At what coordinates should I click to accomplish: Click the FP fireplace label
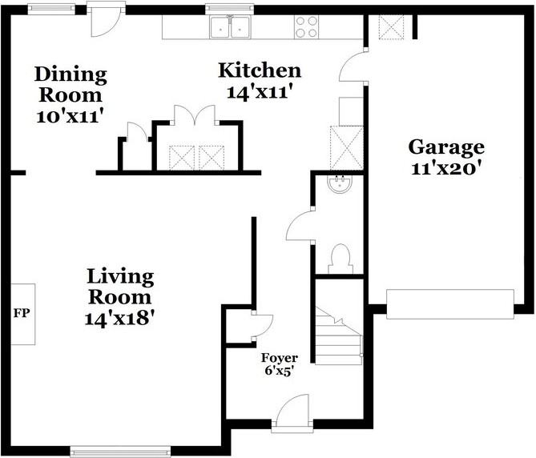[22, 313]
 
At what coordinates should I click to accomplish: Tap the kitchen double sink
[231, 27]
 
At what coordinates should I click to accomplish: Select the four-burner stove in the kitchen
[306, 27]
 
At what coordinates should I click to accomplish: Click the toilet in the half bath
[341, 259]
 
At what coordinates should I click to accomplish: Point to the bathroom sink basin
[339, 183]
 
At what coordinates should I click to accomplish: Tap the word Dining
[71, 74]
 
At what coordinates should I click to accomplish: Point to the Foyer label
[280, 358]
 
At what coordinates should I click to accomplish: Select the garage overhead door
[449, 304]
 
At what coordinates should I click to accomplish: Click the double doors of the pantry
[195, 114]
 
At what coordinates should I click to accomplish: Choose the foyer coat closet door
[263, 325]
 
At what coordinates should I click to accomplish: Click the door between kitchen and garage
[353, 65]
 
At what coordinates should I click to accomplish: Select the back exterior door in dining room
[106, 21]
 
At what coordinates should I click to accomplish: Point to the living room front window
[120, 452]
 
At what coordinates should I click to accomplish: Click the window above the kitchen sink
[230, 10]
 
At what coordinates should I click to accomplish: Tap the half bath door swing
[300, 226]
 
